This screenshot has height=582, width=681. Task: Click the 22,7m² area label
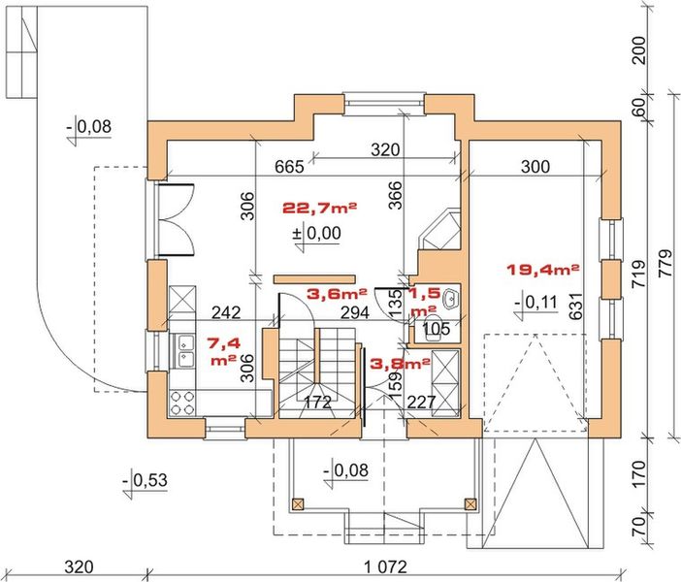tap(320, 208)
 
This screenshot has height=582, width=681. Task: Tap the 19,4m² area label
tap(543, 270)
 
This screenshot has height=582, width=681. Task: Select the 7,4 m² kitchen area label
tap(224, 351)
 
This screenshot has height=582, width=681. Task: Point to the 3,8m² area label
tap(400, 364)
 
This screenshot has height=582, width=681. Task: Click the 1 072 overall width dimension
tap(385, 566)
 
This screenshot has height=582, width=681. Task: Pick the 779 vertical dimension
tap(665, 263)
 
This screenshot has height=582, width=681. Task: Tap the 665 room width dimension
tap(289, 166)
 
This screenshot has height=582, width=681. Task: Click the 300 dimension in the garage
tap(535, 166)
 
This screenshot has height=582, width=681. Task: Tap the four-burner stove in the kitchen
tap(182, 403)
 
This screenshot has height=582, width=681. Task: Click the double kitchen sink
tap(184, 351)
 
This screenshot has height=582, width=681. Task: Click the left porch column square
tap(298, 504)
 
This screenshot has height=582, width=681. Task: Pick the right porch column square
tap(470, 504)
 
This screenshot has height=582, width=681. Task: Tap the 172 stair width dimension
tap(317, 403)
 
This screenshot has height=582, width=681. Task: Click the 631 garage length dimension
tap(576, 306)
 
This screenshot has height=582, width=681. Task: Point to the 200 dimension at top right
tap(639, 50)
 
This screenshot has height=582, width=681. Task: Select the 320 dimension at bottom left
tap(79, 566)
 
